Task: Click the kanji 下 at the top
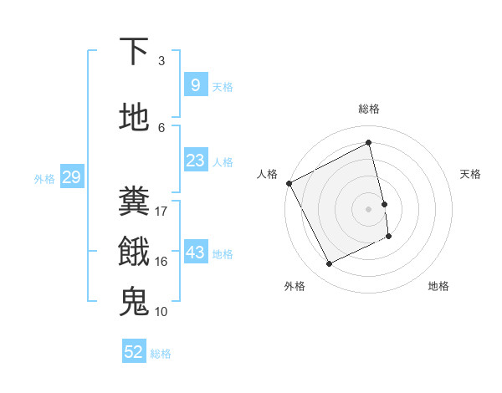tap(135, 52)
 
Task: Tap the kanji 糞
tap(135, 201)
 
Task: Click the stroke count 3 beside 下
tap(161, 60)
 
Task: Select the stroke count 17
tap(161, 211)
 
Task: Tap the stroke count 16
tap(161, 261)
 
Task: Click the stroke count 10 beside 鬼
tap(161, 311)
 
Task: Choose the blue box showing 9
tap(195, 85)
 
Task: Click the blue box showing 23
tap(195, 161)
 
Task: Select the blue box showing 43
tap(195, 253)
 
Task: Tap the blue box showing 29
tap(71, 177)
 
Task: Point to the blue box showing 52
tap(134, 352)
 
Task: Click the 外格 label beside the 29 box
tap(44, 178)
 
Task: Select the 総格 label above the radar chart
tap(369, 109)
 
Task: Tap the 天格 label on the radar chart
tap(470, 174)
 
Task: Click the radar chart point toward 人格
tap(289, 182)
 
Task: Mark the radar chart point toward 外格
tap(329, 264)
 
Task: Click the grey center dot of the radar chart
tap(369, 208)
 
